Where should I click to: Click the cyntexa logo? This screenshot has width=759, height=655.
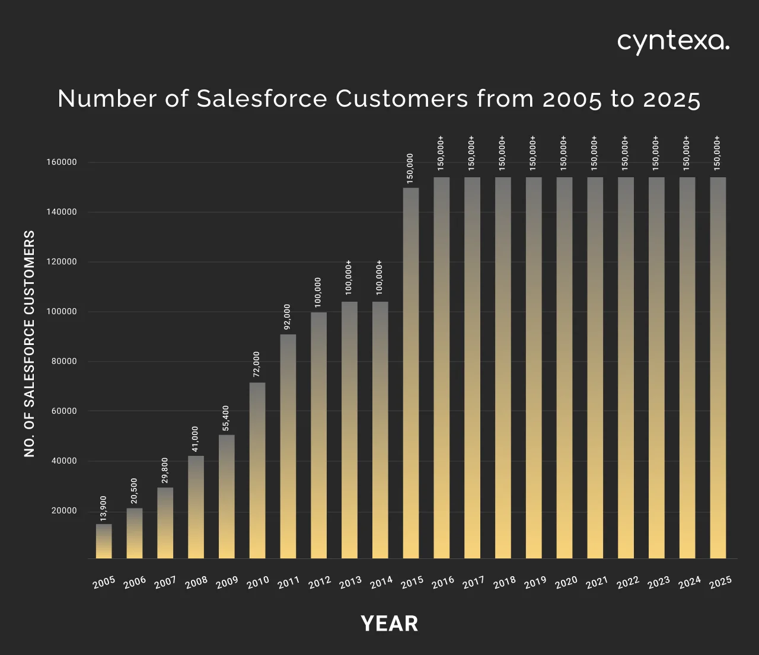tap(673, 42)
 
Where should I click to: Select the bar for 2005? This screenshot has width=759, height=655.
tap(104, 541)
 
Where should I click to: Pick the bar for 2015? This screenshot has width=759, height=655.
tap(411, 373)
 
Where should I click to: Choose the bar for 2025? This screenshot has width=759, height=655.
tap(718, 368)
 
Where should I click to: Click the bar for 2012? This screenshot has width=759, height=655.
tap(319, 435)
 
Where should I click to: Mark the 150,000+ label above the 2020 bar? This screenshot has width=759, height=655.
tap(564, 154)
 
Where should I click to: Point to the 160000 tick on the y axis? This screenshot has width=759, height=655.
tap(62, 162)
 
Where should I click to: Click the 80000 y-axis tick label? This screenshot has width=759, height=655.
tap(62, 362)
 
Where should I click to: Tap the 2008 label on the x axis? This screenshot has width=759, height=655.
tap(196, 582)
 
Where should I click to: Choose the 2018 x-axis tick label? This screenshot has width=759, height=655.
tap(504, 582)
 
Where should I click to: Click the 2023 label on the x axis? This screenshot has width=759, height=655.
tap(658, 582)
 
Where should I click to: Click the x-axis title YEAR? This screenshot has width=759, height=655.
tap(390, 624)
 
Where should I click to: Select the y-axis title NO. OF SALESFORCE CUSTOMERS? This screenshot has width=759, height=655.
tap(30, 344)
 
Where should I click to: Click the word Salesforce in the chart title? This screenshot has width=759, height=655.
tap(261, 99)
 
